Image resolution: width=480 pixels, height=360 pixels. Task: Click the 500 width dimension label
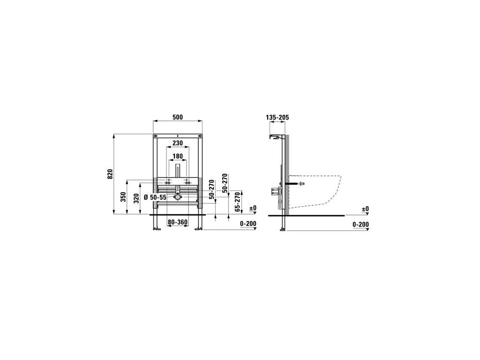pyautogui.click(x=178, y=117)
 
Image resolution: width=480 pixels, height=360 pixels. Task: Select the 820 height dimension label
pyautogui.click(x=111, y=173)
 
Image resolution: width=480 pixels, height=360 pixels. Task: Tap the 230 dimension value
pyautogui.click(x=178, y=143)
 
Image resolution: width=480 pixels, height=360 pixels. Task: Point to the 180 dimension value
pyautogui.click(x=178, y=156)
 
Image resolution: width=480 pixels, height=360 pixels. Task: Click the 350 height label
pyautogui.click(x=123, y=197)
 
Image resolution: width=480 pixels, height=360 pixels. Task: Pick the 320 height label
pyautogui.click(x=137, y=198)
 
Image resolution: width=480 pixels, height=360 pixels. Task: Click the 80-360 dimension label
pyautogui.click(x=178, y=222)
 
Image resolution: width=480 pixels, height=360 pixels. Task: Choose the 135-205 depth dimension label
pyautogui.click(x=277, y=117)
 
